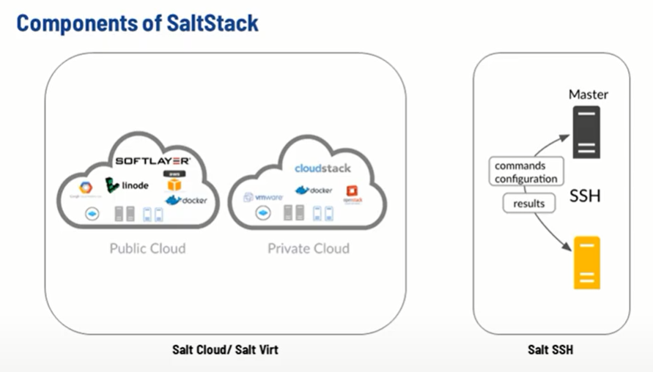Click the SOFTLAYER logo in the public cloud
pyautogui.click(x=153, y=160)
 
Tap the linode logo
pyautogui.click(x=126, y=185)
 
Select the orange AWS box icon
pyautogui.click(x=174, y=182)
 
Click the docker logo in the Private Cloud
pyautogui.click(x=314, y=190)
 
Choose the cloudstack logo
pyautogui.click(x=323, y=168)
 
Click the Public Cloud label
pyautogui.click(x=147, y=248)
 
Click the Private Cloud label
pyautogui.click(x=308, y=248)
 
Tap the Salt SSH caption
pyautogui.click(x=550, y=350)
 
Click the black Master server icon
pyautogui.click(x=586, y=132)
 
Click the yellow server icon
pyautogui.click(x=586, y=263)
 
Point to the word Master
pyautogui.click(x=589, y=94)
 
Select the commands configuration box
pyautogui.click(x=525, y=172)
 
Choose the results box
pyautogui.click(x=529, y=203)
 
